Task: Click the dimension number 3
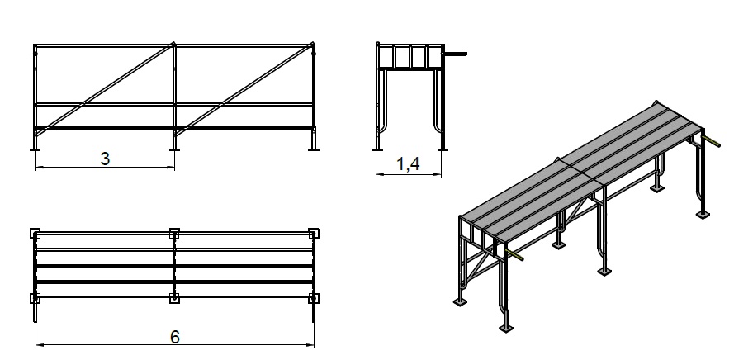click(106, 159)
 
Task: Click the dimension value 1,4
click(408, 164)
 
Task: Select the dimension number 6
click(174, 337)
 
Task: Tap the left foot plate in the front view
click(36, 149)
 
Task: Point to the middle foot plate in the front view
click(174, 149)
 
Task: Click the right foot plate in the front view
click(313, 149)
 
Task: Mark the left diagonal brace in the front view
click(105, 89)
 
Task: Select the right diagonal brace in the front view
click(244, 89)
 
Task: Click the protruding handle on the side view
click(455, 54)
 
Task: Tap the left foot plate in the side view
click(377, 149)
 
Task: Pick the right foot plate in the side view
click(443, 149)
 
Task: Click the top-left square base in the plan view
click(36, 233)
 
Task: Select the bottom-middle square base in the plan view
click(174, 298)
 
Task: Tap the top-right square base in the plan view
click(314, 233)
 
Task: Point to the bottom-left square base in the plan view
click(36, 298)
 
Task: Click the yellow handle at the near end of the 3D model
click(514, 254)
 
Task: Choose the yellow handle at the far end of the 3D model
click(711, 141)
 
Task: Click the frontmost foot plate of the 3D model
click(506, 328)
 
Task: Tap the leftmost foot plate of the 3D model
click(460, 302)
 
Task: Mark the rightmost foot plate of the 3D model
click(703, 215)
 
